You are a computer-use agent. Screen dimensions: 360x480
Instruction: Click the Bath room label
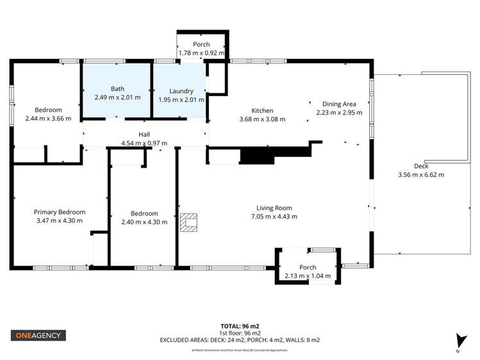(117, 89)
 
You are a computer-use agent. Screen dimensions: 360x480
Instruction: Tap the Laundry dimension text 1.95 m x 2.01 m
(181, 100)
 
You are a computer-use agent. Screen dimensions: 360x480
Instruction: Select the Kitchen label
(262, 111)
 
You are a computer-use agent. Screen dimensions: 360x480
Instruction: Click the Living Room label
(274, 208)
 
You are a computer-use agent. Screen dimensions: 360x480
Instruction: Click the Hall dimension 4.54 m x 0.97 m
(144, 143)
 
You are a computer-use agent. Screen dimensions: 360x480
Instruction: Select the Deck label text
(421, 166)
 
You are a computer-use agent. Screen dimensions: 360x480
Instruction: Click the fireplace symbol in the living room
(189, 222)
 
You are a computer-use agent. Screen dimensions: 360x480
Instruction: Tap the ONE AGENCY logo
(38, 335)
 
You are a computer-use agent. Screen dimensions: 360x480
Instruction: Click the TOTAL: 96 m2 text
(240, 325)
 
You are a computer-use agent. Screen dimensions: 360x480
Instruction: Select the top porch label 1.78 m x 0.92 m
(201, 53)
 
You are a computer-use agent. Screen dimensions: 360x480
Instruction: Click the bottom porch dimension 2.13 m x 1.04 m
(308, 276)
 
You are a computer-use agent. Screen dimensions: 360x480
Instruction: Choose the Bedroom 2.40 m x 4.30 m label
(144, 222)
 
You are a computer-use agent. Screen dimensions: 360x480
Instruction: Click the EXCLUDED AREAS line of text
(240, 340)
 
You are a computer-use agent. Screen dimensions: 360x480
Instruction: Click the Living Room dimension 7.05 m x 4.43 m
(274, 217)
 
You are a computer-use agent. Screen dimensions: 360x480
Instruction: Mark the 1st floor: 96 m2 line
(240, 333)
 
